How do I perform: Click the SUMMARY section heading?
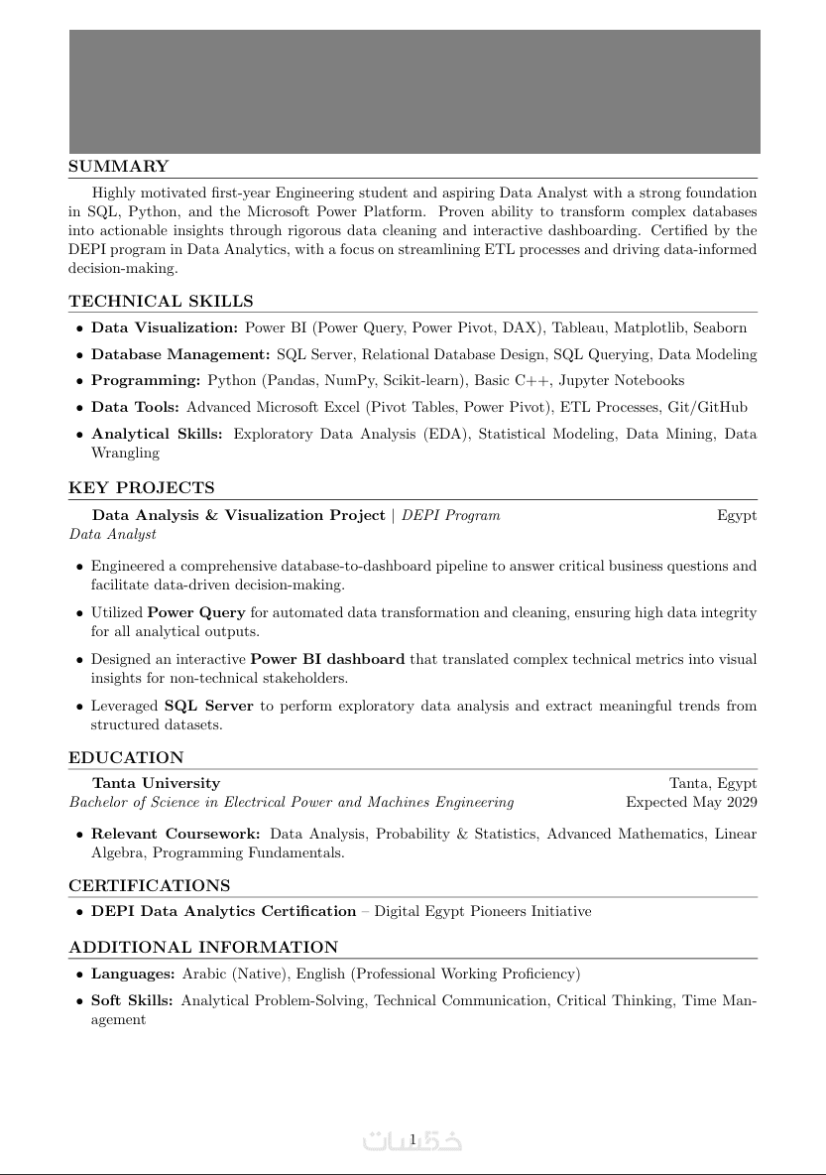[119, 167]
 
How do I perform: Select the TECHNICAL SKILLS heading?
[161, 302]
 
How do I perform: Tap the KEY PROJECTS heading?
[142, 488]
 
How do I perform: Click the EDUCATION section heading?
[126, 758]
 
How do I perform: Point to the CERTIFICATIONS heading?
[150, 885]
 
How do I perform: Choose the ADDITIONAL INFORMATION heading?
[203, 947]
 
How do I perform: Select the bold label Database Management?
[180, 354]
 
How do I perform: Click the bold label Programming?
[146, 380]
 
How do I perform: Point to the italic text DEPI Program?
[451, 515]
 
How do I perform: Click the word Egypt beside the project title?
[737, 515]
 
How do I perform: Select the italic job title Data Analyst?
[113, 534]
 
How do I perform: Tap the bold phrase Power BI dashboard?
[327, 659]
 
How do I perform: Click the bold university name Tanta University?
[156, 783]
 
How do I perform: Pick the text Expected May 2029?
[691, 802]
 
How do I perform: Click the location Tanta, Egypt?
[713, 783]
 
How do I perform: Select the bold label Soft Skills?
[132, 1000]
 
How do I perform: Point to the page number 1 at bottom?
[413, 1139]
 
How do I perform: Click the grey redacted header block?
[414, 91]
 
